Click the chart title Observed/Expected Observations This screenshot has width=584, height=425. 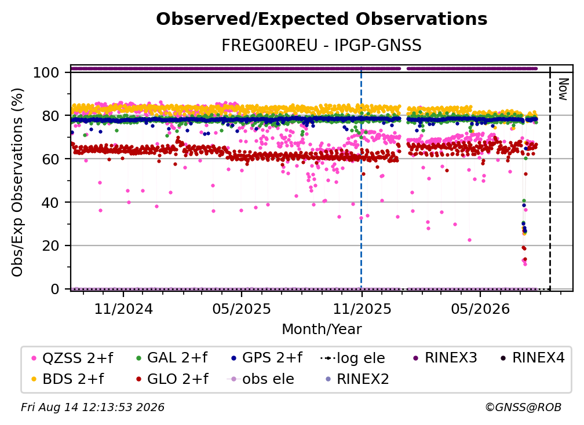click(322, 19)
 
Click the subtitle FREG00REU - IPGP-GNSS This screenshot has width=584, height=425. click(322, 45)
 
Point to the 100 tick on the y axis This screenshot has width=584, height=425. click(46, 72)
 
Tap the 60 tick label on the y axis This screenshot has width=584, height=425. click(50, 159)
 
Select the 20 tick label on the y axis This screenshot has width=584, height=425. click(50, 246)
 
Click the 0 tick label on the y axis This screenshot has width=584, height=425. click(54, 289)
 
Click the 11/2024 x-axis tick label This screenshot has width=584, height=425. click(123, 309)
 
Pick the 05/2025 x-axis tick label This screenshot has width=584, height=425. click(242, 309)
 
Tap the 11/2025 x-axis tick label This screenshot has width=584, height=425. click(362, 309)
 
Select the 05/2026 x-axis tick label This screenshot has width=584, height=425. click(480, 309)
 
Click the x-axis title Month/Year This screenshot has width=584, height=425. click(322, 329)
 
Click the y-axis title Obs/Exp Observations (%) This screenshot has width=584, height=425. click(17, 182)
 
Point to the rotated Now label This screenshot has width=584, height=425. click(563, 89)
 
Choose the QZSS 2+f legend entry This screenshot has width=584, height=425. click(72, 358)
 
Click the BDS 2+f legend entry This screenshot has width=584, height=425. click(68, 379)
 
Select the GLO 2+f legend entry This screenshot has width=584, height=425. click(173, 379)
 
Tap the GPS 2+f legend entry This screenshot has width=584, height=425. click(267, 358)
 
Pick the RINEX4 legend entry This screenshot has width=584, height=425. click(532, 358)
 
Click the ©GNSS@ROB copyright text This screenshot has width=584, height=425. click(523, 407)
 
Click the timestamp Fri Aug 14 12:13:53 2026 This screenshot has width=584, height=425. click(92, 407)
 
